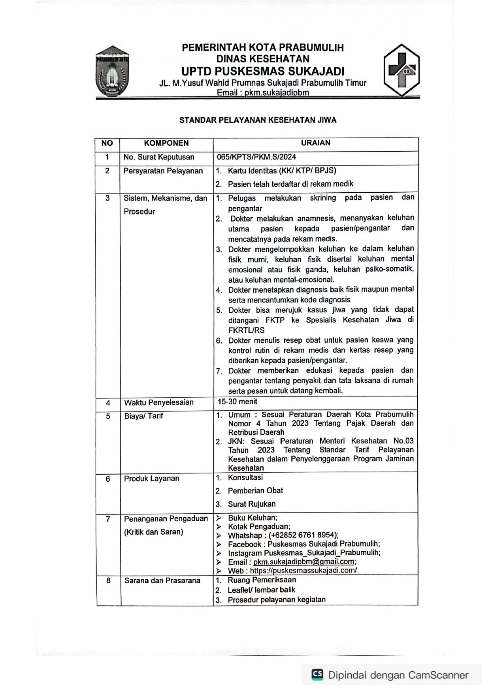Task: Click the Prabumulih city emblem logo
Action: (113, 71)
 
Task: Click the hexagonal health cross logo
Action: (401, 70)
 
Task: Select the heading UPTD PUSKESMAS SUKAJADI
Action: (263, 71)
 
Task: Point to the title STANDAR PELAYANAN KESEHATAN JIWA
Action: (258, 120)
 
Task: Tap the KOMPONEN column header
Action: (166, 143)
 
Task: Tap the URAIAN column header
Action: (315, 143)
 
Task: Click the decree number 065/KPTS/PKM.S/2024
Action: (256, 157)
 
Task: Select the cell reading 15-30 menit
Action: (237, 402)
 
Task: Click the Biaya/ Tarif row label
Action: (143, 416)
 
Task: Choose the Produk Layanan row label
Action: (151, 478)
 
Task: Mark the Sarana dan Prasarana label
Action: (162, 580)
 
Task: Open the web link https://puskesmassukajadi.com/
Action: (304, 571)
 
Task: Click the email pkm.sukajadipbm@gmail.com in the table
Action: (304, 562)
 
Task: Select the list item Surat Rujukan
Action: (251, 504)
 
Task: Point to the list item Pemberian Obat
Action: (255, 490)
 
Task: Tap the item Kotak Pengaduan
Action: (259, 526)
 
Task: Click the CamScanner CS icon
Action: (317, 674)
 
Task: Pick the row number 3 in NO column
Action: (107, 198)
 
